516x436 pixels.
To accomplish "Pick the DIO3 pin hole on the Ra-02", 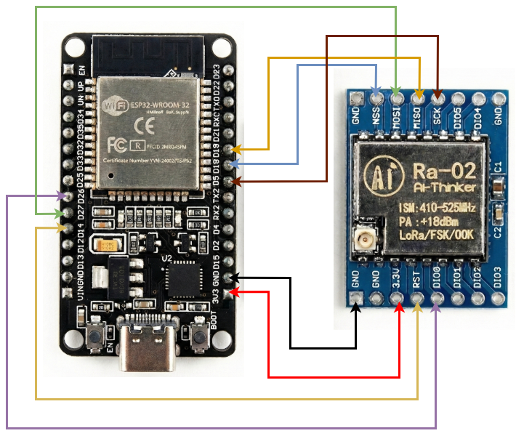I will pyautogui.click(x=498, y=298).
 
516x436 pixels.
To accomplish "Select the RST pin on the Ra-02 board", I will pyautogui.click(x=417, y=299).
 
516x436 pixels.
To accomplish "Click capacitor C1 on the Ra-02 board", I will pyautogui.click(x=497, y=187).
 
